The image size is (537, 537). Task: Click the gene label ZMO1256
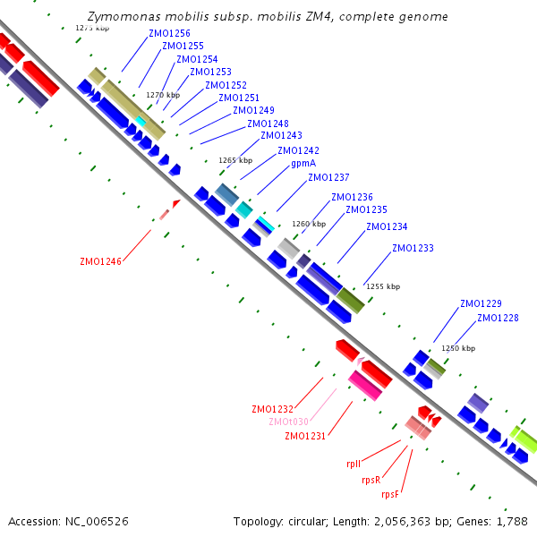coord(169,34)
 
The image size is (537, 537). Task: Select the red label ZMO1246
coord(100,261)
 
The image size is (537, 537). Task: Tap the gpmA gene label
coord(303,164)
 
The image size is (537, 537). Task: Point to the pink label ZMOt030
coord(288,422)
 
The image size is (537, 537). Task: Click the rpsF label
coord(391,494)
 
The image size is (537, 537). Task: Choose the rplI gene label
coord(354,465)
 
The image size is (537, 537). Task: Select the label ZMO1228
coord(498,318)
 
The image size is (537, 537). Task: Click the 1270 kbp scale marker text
coord(163,95)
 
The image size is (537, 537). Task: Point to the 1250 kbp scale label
coord(458,348)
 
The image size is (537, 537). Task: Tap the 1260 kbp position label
coord(309,224)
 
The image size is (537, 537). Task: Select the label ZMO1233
coord(413,248)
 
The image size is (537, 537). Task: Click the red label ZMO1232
coord(273,409)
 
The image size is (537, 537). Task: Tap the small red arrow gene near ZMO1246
coord(175,204)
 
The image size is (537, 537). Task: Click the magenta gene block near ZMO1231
coord(365,385)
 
